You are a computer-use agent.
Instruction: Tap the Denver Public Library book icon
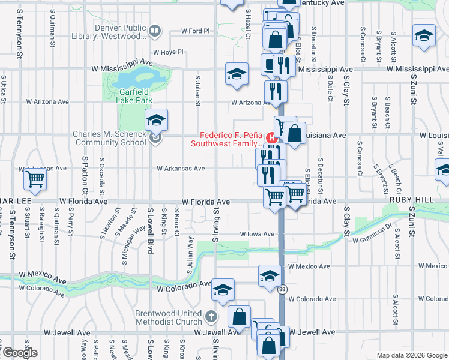click(154, 30)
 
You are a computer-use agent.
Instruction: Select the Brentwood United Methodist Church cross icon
click(210, 316)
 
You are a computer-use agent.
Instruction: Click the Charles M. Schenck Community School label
click(109, 138)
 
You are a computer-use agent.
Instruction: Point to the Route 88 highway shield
click(282, 289)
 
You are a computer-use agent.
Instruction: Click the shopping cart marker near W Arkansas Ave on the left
click(35, 178)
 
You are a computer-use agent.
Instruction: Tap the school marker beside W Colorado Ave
click(222, 290)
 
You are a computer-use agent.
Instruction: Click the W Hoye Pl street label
click(168, 52)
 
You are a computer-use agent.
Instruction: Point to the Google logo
click(20, 353)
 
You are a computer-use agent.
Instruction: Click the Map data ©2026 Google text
click(411, 355)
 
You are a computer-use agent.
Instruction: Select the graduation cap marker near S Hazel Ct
click(237, 74)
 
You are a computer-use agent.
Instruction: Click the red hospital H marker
click(272, 136)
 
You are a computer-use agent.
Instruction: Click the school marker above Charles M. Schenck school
click(156, 120)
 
